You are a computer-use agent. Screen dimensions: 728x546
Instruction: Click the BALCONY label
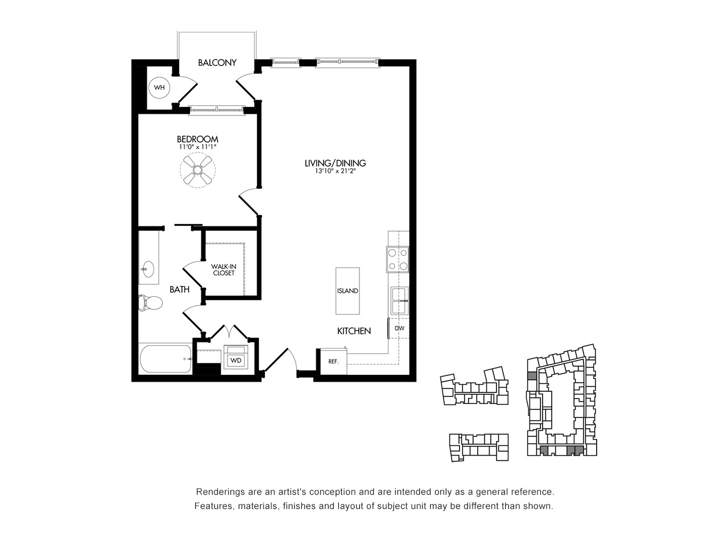[x=217, y=63]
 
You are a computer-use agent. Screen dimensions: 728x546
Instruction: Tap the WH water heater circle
[x=159, y=88]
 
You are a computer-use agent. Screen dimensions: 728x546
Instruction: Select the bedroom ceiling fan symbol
[x=197, y=170]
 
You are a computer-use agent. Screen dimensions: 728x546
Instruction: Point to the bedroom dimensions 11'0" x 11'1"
[x=197, y=147]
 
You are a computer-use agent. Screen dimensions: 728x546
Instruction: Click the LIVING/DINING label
[x=335, y=163]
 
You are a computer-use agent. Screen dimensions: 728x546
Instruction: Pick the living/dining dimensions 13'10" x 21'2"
[x=335, y=171]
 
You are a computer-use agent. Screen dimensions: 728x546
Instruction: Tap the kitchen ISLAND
[x=348, y=291]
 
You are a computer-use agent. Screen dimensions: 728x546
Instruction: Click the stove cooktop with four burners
[x=398, y=259]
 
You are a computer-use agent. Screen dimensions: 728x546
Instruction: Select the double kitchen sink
[x=400, y=301]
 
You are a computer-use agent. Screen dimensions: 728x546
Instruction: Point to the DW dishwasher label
[x=400, y=328]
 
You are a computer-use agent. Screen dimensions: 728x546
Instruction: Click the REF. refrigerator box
[x=334, y=361]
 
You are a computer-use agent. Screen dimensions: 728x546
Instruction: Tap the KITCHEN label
[x=354, y=331]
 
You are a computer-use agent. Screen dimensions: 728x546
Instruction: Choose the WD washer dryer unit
[x=236, y=357]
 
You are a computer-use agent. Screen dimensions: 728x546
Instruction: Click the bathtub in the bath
[x=166, y=359]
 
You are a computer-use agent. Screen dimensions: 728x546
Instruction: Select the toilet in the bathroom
[x=150, y=303]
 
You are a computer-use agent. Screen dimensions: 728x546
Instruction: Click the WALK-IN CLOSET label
[x=224, y=270]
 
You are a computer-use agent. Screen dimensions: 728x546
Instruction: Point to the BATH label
[x=179, y=289]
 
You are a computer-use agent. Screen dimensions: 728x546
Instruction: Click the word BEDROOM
[x=197, y=139]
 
